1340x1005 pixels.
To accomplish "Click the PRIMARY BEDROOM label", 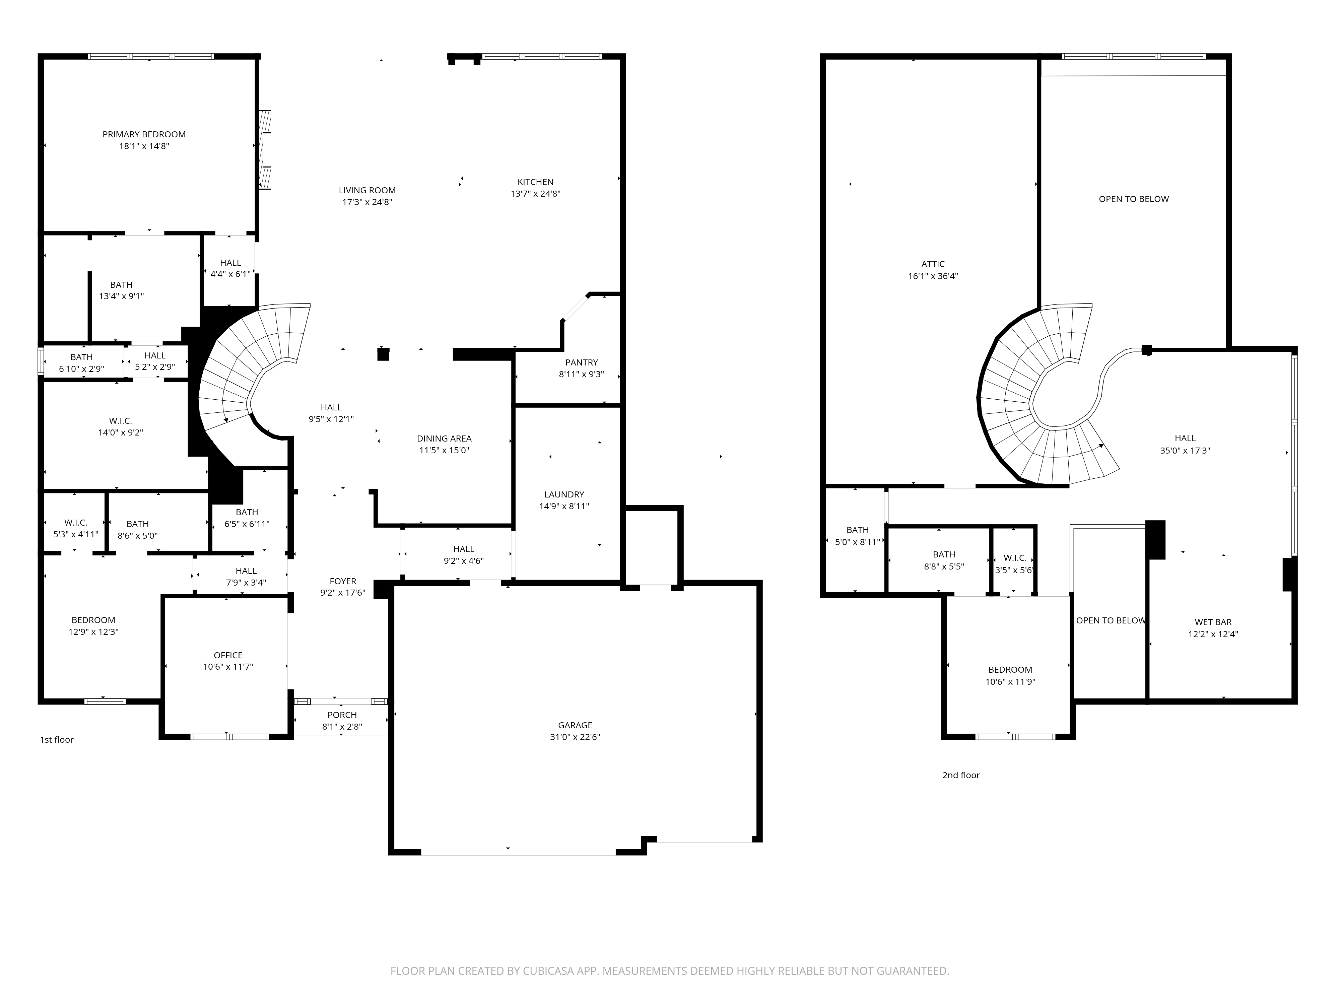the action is tap(144, 134).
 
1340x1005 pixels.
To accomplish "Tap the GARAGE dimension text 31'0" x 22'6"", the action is tap(575, 737).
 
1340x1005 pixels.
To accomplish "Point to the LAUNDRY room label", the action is tap(564, 495).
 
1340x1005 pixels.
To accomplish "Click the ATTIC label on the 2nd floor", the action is tap(933, 264).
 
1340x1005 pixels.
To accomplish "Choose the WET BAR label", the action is tap(1213, 622).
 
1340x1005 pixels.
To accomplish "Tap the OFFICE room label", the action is tap(228, 656).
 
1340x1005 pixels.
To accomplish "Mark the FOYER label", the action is tap(343, 582).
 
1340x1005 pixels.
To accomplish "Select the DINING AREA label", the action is tap(444, 439).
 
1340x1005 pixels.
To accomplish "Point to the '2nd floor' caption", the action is tap(961, 775).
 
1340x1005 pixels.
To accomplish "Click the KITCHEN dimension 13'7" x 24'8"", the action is tap(536, 194).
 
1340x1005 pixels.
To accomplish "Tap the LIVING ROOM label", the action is tap(367, 190).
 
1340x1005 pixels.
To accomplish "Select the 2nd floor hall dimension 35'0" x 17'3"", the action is tap(1185, 451).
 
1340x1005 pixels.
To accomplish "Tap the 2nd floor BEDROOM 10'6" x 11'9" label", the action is tap(1010, 670).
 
